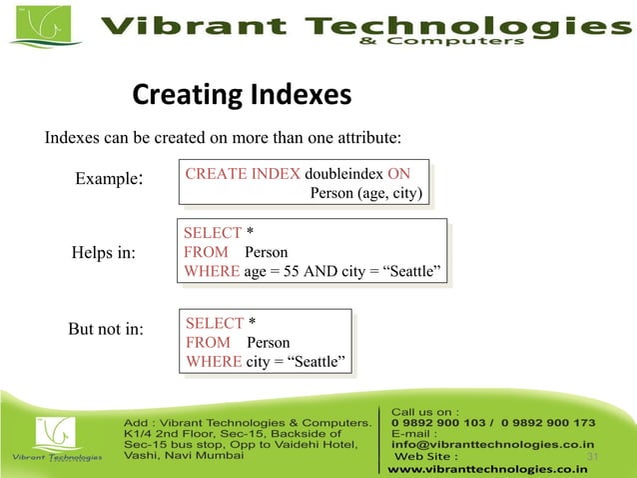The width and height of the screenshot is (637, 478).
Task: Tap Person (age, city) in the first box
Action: [366, 193]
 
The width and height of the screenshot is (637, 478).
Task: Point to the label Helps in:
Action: [103, 252]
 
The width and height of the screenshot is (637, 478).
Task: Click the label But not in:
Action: [105, 329]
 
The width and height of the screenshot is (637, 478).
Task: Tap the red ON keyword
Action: [399, 173]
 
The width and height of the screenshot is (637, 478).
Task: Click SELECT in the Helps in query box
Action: [213, 233]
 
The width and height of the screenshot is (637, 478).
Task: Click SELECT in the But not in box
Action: [215, 323]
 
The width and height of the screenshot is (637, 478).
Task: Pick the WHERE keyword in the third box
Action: [214, 361]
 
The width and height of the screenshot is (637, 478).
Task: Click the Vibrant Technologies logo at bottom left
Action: [54, 441]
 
